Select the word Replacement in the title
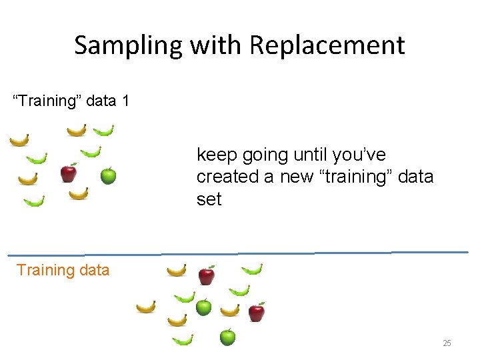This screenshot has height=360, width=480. pos(327,45)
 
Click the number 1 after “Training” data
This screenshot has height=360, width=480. pos(125,101)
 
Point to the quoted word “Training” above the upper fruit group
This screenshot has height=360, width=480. pos(45,101)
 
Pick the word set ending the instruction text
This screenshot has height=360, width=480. pos(209,199)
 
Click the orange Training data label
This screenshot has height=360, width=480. pos(63,270)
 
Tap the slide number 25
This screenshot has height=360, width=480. pos(447,343)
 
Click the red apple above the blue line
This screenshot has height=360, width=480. pos(68,173)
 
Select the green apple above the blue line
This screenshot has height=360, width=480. pos(108,176)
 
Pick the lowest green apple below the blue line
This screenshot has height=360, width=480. pos(227,337)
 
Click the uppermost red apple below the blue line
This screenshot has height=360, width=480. pos(207,275)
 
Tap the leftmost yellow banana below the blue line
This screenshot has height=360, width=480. pos(145,307)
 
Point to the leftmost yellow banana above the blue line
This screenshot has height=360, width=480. pos(19,140)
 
